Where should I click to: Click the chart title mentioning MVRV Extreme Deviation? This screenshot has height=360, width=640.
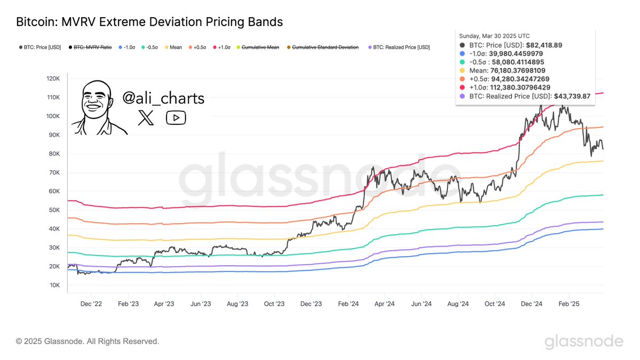pos(149,22)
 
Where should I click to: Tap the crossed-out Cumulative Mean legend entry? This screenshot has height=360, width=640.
pos(260,47)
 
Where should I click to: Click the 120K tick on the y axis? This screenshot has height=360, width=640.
pos(52,79)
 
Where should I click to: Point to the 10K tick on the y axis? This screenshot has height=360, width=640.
pos(54,285)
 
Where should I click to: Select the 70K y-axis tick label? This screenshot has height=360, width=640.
pos(54,173)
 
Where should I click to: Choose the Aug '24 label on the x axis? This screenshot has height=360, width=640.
pos(458,304)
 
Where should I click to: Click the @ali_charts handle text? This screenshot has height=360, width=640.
pos(163,98)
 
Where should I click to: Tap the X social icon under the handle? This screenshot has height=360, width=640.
pos(146,118)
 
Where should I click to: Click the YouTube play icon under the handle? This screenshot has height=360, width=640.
pos(176,118)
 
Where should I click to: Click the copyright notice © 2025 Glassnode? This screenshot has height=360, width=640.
pos(87,341)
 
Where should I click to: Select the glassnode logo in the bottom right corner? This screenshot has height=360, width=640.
pos(583,341)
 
